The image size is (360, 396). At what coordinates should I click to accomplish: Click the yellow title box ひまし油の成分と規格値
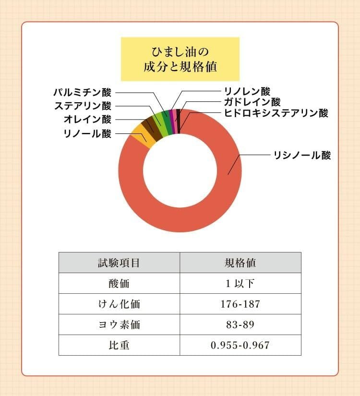180,59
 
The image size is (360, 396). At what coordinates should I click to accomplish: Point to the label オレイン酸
87,120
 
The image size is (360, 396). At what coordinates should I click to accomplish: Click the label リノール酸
87,133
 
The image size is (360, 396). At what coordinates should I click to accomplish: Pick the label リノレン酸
247,91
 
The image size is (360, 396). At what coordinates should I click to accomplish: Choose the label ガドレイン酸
252,102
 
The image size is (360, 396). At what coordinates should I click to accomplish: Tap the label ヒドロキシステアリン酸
276,113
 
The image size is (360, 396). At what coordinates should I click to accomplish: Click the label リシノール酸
302,156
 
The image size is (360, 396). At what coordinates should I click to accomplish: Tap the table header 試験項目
119,263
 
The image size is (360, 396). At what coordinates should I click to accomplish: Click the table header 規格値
240,263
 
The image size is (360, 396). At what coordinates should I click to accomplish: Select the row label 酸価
119,283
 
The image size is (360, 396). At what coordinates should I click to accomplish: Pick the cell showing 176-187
240,304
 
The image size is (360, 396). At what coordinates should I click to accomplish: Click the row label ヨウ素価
119,324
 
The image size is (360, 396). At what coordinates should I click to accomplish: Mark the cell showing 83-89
240,324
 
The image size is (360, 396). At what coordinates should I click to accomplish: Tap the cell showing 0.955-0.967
240,345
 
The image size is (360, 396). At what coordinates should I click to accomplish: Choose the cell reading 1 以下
240,283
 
